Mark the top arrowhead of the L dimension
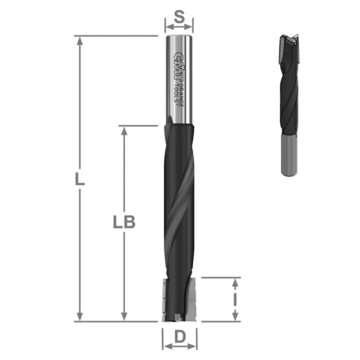tap(79, 40)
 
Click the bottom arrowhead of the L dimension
tap(79, 316)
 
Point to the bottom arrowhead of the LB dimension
tap(123, 316)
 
